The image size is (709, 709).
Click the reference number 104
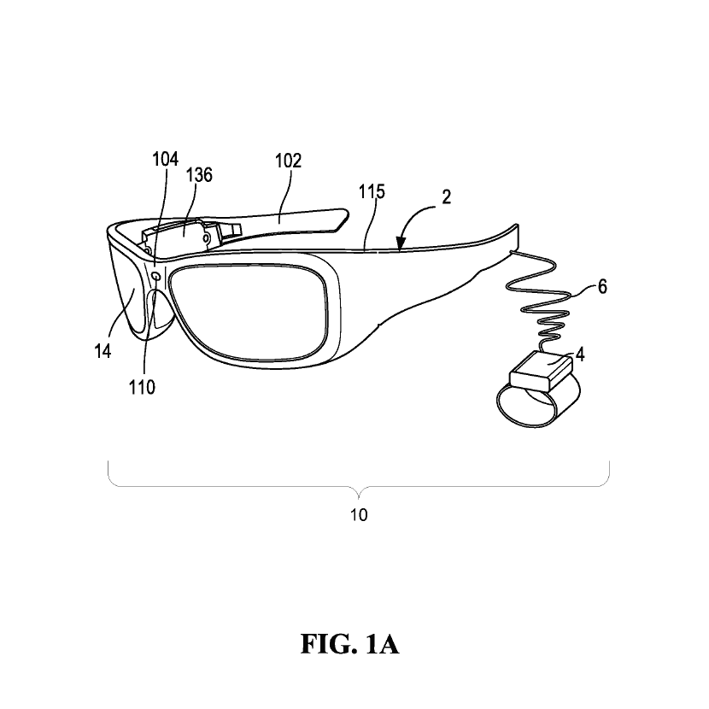pos(165,159)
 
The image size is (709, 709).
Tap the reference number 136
pos(199,174)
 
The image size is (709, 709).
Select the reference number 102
pos(289,161)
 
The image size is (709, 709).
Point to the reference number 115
pos(372,191)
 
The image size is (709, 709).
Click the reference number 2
pos(446,197)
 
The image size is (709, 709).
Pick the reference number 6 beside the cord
pos(602,287)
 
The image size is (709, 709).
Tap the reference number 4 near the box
pos(580,354)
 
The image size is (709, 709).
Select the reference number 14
pos(103,350)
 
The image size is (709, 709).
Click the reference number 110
pos(142,387)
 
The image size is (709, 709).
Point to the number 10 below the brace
pos(359,515)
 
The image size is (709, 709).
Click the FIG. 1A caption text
pos(350,644)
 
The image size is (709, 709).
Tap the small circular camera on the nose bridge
pos(156,276)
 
